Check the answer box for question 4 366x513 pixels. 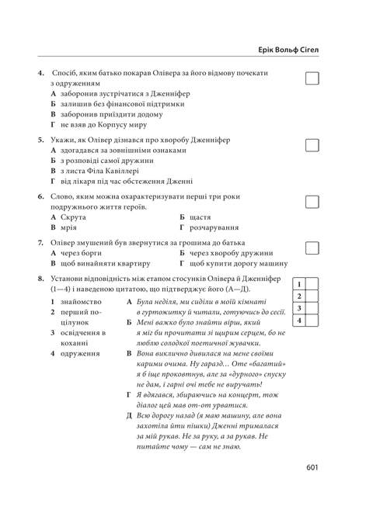[312, 78]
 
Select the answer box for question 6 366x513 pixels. [312, 202]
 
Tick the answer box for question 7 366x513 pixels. [312, 248]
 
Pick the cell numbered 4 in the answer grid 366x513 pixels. [299, 321]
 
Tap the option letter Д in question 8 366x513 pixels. [129, 416]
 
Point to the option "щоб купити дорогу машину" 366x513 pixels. [242, 264]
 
